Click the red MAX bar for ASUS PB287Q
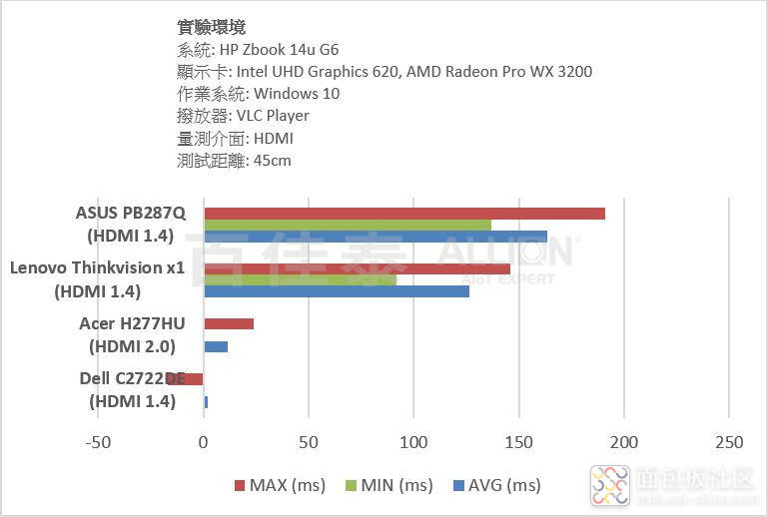click(x=404, y=214)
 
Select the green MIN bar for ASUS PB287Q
click(x=348, y=225)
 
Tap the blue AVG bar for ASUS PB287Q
click(x=376, y=237)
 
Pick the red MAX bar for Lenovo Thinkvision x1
click(x=357, y=268)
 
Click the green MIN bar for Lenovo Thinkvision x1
click(x=300, y=279)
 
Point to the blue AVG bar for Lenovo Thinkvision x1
click(x=337, y=291)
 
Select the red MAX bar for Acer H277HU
click(x=229, y=323)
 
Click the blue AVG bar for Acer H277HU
click(x=216, y=346)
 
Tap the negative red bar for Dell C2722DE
click(x=194, y=378)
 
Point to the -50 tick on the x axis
click(x=99, y=442)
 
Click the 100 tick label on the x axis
click(x=413, y=442)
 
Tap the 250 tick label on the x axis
click(x=729, y=442)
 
